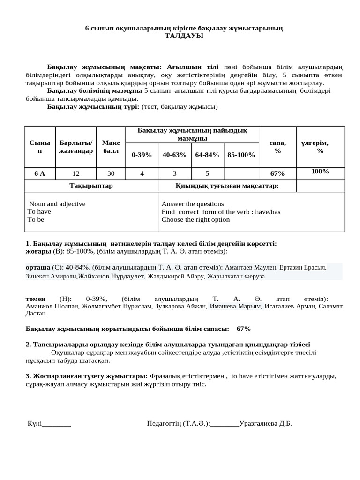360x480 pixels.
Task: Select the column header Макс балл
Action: pyautogui.click(x=111, y=147)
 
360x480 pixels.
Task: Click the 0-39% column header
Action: pyautogui.click(x=142, y=155)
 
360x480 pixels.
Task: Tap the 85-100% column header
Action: pyautogui.click(x=241, y=155)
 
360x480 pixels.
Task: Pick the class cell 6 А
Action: pyautogui.click(x=40, y=173)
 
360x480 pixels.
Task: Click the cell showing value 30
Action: pyautogui.click(x=111, y=173)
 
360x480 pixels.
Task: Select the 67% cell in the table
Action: pyautogui.click(x=277, y=173)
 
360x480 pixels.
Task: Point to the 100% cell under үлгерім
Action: pyautogui.click(x=320, y=172)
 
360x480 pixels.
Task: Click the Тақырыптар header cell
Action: pyautogui.click(x=91, y=186)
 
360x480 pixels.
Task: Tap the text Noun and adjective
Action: pyautogui.click(x=57, y=204)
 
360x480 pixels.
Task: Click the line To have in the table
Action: pyautogui.click(x=39, y=212)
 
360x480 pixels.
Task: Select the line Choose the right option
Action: pyautogui.click(x=195, y=219)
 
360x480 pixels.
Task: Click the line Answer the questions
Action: pyautogui.click(x=193, y=204)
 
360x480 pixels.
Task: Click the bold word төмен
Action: pyautogui.click(x=35, y=299)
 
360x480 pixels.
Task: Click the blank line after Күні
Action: pyautogui.click(x=56, y=424)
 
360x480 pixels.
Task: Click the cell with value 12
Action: pyautogui.click(x=76, y=173)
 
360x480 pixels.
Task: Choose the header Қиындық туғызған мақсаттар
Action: pyautogui.click(x=227, y=186)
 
